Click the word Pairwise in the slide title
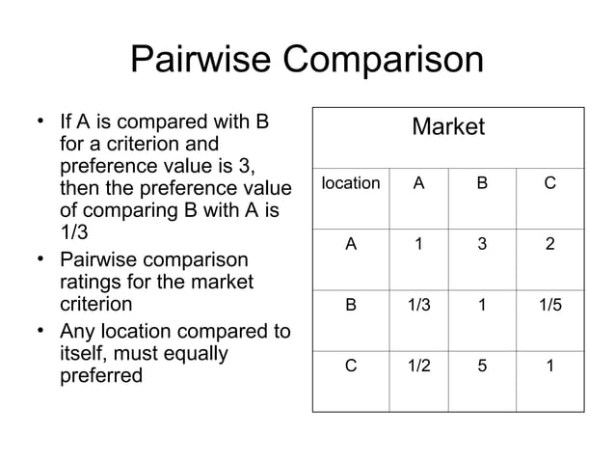pyautogui.click(x=201, y=61)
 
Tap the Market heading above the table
pyautogui.click(x=448, y=127)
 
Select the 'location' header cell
pyautogui.click(x=350, y=183)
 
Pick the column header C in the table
pyautogui.click(x=549, y=183)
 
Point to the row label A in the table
pyautogui.click(x=351, y=245)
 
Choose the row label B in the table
pyautogui.click(x=351, y=306)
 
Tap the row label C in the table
pyautogui.click(x=351, y=367)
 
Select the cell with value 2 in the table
pyautogui.click(x=549, y=245)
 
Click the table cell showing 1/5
pyautogui.click(x=549, y=306)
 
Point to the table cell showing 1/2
pyautogui.click(x=417, y=367)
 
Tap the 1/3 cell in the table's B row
pyautogui.click(x=417, y=306)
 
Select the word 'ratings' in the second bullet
pyautogui.click(x=93, y=282)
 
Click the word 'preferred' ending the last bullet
pyautogui.click(x=100, y=374)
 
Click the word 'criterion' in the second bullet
pyautogui.click(x=95, y=305)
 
